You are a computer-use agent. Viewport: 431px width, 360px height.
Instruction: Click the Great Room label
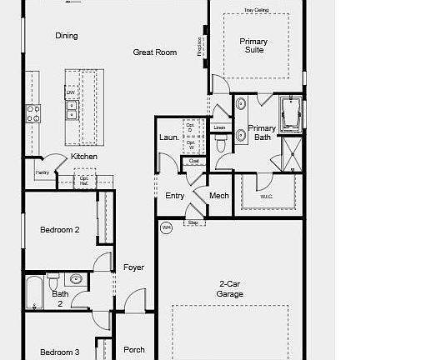click(155, 52)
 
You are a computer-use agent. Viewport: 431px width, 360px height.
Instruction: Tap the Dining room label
click(67, 36)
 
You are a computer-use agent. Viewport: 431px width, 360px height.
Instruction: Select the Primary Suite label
click(253, 46)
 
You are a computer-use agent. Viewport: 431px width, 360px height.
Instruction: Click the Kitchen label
click(84, 157)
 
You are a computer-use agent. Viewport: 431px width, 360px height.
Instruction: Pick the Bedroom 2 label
click(60, 229)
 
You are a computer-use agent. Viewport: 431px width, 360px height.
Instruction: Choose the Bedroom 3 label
click(60, 352)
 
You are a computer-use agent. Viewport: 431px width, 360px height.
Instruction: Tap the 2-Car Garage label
click(230, 289)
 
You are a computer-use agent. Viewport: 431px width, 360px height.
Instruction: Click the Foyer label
click(134, 267)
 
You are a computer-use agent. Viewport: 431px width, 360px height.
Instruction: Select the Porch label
click(134, 350)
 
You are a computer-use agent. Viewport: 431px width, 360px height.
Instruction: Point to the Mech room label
click(219, 196)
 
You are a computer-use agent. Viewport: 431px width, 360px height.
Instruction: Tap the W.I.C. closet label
click(266, 197)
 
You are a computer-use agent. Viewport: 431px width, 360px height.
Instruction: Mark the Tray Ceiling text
click(256, 10)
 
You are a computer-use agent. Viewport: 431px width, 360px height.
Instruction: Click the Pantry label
click(42, 172)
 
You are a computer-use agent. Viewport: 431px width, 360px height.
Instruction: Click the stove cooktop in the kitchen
click(33, 113)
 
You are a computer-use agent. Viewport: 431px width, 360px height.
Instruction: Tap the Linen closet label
click(219, 127)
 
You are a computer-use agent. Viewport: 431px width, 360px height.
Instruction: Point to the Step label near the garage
click(193, 223)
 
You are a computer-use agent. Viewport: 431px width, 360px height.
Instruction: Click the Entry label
click(175, 196)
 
